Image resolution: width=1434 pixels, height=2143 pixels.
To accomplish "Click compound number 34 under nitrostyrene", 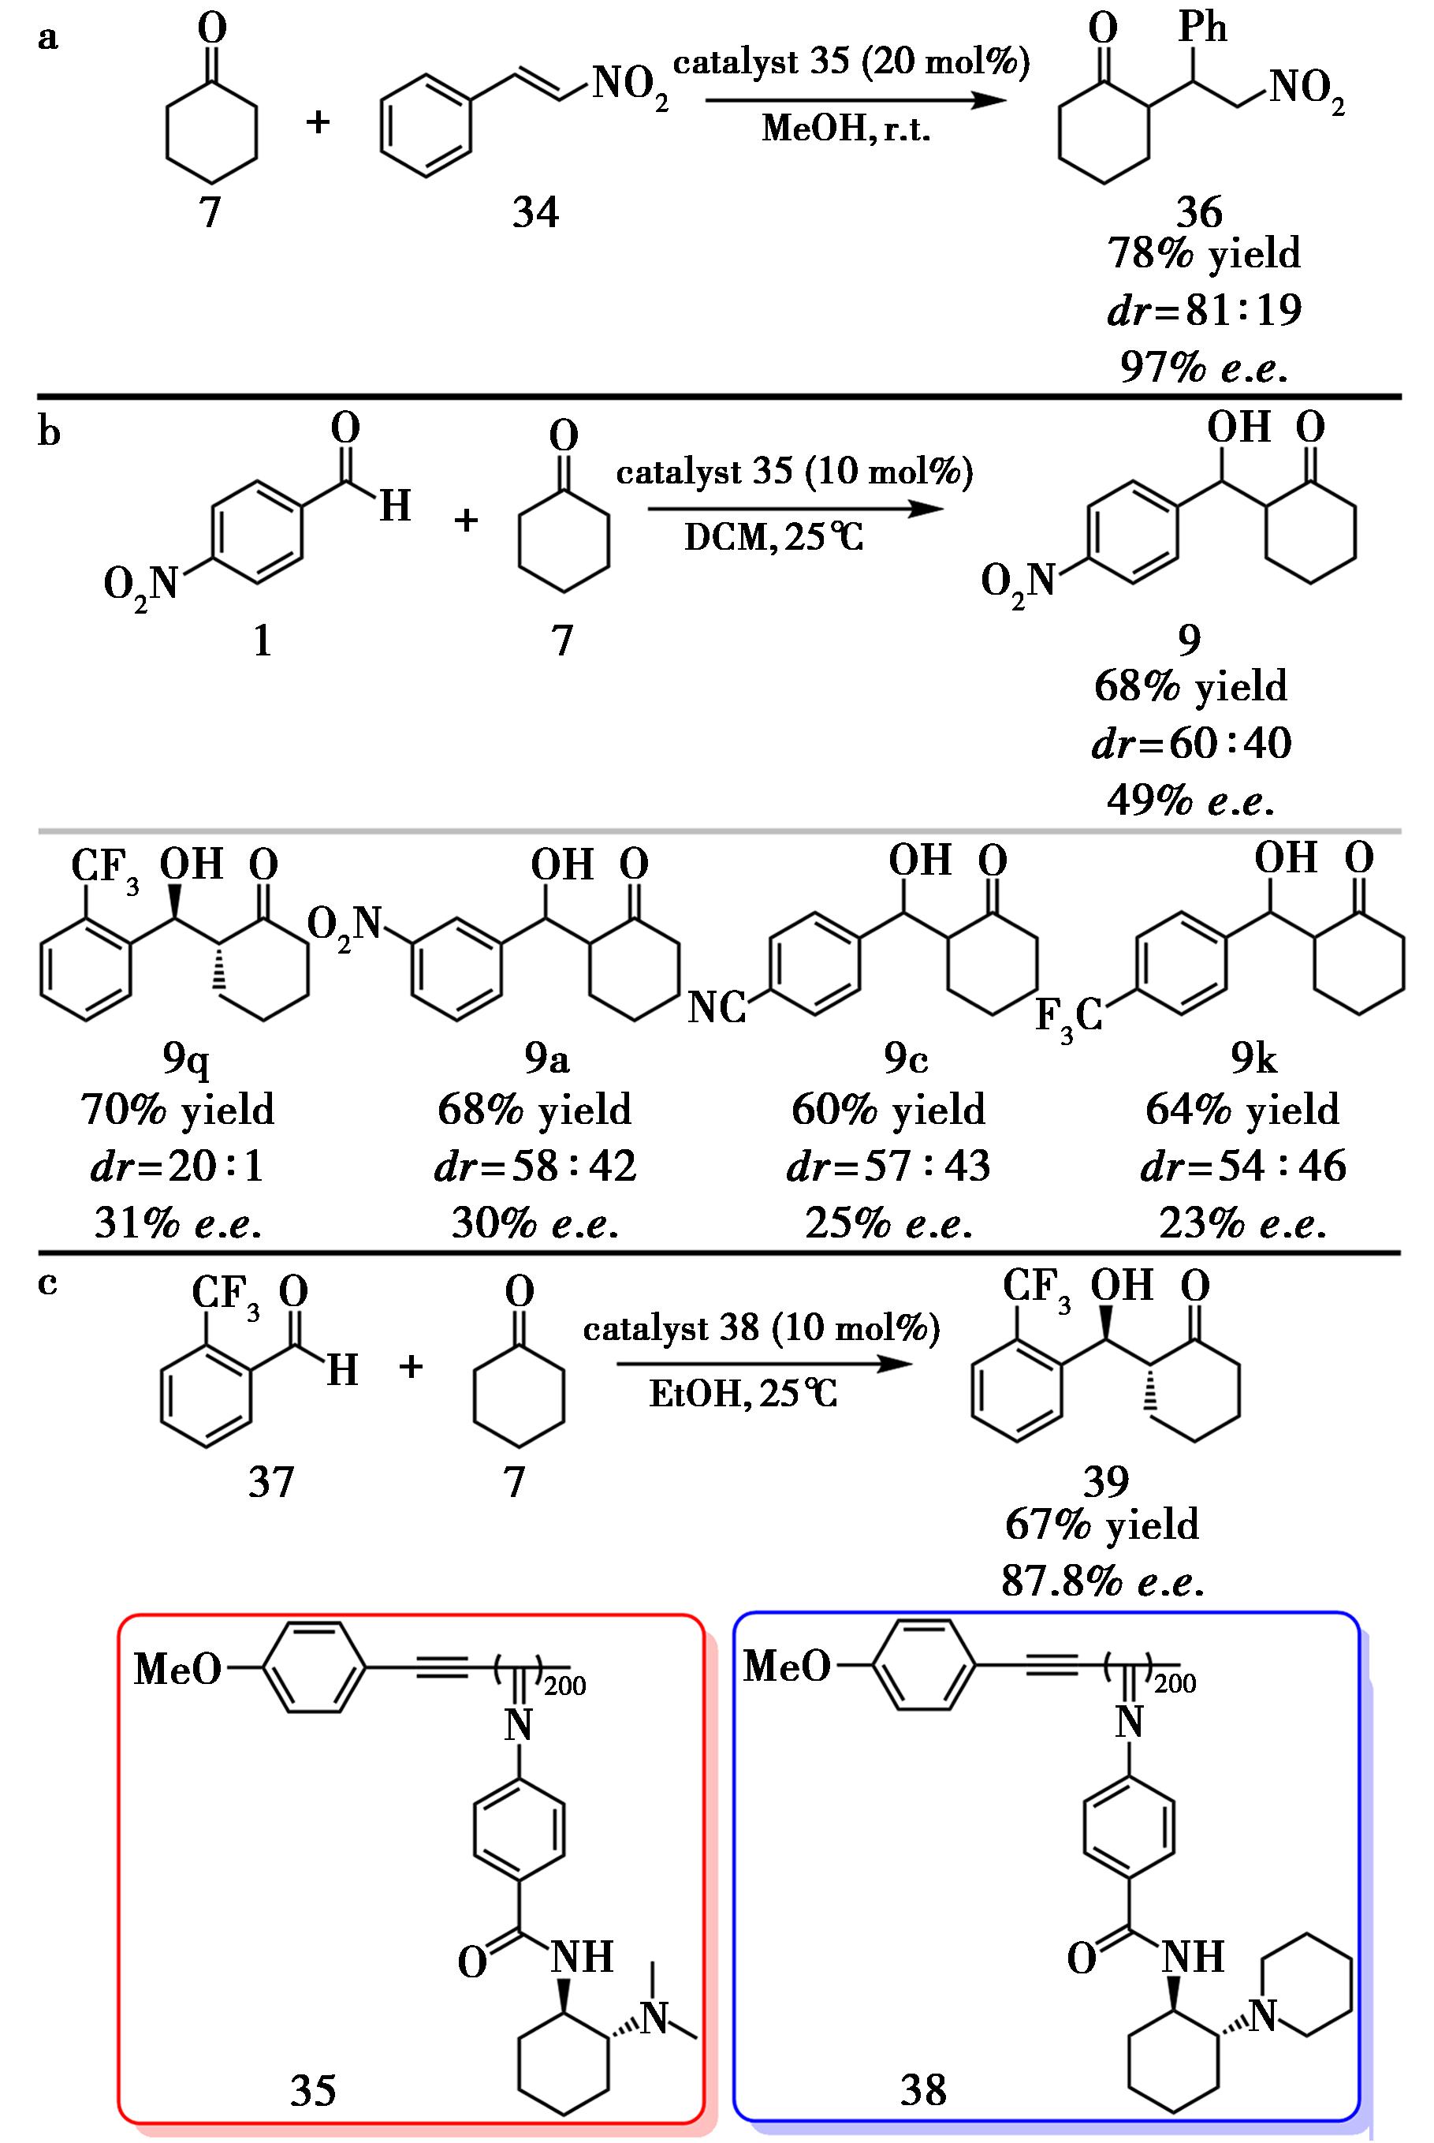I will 535,213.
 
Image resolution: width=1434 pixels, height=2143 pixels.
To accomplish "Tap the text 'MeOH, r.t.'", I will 846,130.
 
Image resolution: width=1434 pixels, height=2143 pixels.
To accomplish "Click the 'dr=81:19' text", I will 1204,311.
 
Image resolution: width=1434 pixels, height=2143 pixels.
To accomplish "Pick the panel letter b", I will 50,431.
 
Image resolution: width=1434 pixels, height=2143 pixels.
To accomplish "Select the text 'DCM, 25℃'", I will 773,538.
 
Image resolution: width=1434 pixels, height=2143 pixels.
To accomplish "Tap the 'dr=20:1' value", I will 177,1167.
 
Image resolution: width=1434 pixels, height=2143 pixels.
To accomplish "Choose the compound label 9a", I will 547,1058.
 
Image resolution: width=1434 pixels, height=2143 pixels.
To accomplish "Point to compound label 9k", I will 1253,1058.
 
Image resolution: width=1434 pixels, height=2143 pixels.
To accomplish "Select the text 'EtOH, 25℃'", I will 743,1394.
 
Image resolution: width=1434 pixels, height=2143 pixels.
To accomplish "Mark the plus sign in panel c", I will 412,1368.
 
